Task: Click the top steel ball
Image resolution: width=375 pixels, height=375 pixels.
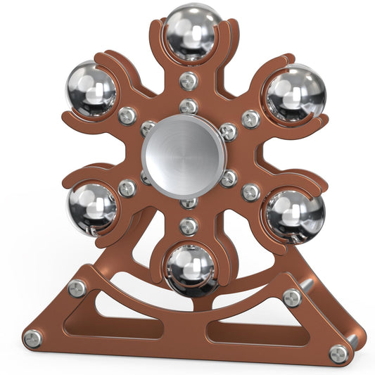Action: (x=188, y=32)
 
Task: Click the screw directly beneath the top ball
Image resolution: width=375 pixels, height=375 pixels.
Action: (x=188, y=81)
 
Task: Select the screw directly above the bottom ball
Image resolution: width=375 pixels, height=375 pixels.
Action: (x=188, y=226)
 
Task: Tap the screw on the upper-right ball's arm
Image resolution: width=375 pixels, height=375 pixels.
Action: (x=250, y=118)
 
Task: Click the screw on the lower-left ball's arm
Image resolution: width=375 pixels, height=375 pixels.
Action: (x=127, y=189)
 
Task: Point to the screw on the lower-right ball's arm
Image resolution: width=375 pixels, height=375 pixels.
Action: (x=250, y=191)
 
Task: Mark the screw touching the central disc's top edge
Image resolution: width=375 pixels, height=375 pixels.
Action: (x=188, y=107)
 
